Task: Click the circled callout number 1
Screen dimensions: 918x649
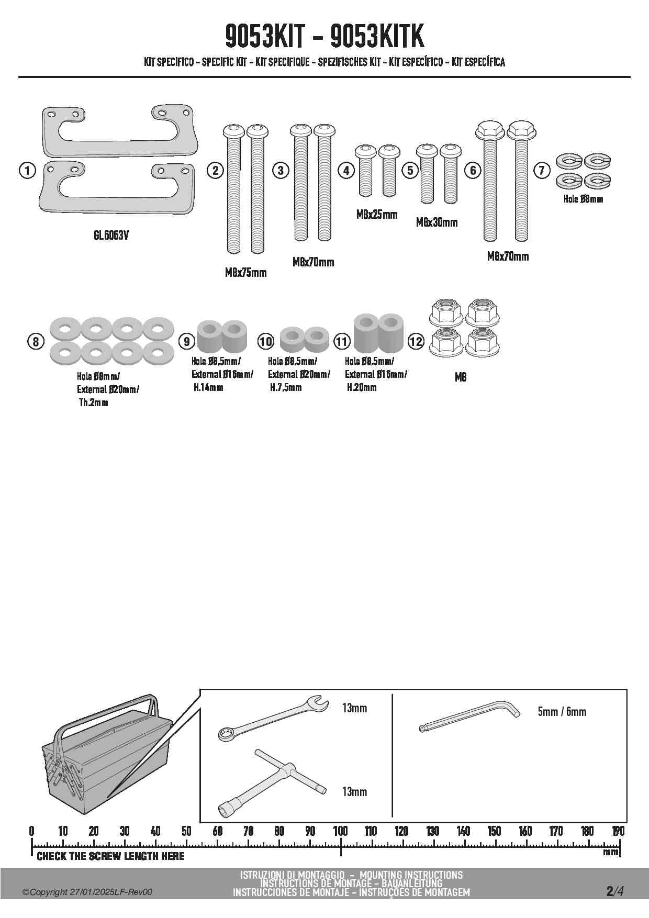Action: click(x=26, y=170)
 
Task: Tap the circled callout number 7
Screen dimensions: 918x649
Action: click(x=542, y=170)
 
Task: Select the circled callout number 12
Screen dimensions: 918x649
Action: click(x=416, y=342)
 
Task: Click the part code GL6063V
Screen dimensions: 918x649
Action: click(x=111, y=236)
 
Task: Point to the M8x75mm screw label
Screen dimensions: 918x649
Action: click(x=245, y=272)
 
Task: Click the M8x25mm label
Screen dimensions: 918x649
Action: click(x=377, y=215)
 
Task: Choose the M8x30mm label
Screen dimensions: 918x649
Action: click(x=437, y=222)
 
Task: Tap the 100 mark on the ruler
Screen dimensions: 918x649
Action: click(x=341, y=831)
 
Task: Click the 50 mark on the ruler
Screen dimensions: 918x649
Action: click(x=186, y=831)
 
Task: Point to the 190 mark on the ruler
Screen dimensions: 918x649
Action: click(x=618, y=831)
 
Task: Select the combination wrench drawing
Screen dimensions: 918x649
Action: click(x=272, y=718)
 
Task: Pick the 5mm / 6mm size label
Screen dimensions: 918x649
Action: click(x=562, y=712)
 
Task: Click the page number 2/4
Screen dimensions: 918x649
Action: click(x=614, y=891)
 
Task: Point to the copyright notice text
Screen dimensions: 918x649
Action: click(x=87, y=892)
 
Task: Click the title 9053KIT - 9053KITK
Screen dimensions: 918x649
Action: click(x=324, y=37)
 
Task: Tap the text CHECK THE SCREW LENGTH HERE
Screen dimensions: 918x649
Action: click(x=110, y=856)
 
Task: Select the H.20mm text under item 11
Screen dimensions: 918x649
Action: click(x=362, y=388)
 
